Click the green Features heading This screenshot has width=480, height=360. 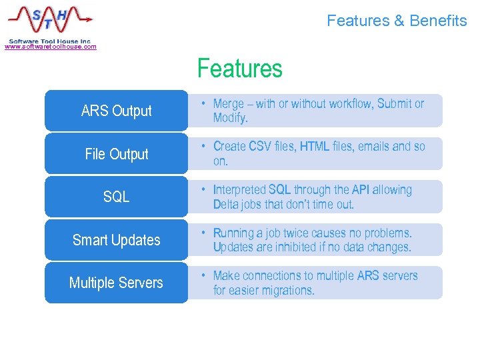[240, 69]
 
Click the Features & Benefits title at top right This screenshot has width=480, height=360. [397, 21]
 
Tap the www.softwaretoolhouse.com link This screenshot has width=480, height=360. [50, 47]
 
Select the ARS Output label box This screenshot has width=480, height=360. [116, 111]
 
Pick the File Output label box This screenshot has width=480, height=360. [116, 154]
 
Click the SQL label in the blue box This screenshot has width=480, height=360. [116, 197]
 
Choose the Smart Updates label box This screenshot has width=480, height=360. [116, 240]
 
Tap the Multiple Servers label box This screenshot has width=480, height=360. [116, 283]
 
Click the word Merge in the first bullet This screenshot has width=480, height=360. [229, 104]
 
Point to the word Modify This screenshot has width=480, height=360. [229, 118]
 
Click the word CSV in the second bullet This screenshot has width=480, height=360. [261, 147]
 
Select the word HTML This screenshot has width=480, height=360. [315, 147]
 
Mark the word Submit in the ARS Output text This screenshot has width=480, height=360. [395, 104]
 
